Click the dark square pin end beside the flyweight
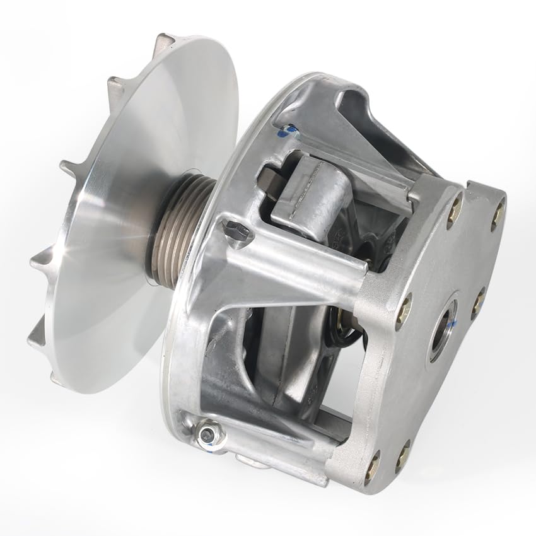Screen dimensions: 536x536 267,183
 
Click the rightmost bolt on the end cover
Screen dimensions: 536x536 498,214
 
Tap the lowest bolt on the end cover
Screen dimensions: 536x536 373,467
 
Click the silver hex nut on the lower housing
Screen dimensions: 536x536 206,434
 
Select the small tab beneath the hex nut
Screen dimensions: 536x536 252,463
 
